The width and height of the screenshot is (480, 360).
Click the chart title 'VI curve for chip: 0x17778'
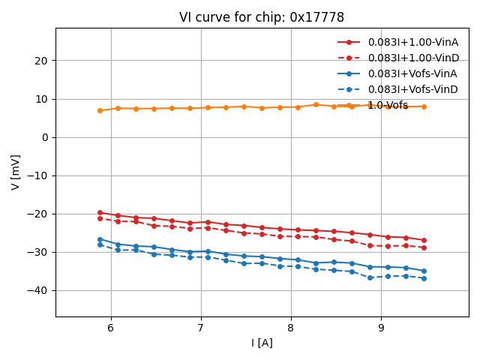coord(262,17)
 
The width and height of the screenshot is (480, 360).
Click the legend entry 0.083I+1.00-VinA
coord(412,42)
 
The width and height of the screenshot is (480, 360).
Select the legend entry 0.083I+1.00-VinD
coord(412,58)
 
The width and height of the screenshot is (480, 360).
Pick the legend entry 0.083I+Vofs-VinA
coord(412,73)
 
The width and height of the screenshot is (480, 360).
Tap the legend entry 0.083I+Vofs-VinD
coord(412,89)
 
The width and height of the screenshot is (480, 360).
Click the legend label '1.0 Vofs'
coord(388,106)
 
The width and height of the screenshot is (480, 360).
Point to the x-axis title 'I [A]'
coord(262,343)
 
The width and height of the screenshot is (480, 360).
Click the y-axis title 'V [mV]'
coord(16,172)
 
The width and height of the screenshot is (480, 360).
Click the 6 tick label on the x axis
coord(110,328)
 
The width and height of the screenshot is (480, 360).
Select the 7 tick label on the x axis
coord(200,328)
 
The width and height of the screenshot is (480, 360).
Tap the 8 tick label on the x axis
coord(291,328)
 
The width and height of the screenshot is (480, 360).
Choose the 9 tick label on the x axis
coord(381,328)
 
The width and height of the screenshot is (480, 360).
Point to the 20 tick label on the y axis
coord(40,61)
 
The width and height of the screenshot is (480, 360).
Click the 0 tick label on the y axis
coord(45,137)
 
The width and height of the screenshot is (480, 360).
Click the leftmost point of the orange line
coord(100,110)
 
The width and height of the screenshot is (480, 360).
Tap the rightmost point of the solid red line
coord(424,240)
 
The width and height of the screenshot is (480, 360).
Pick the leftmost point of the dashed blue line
coord(100,244)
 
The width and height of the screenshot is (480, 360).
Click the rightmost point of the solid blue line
coord(424,271)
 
